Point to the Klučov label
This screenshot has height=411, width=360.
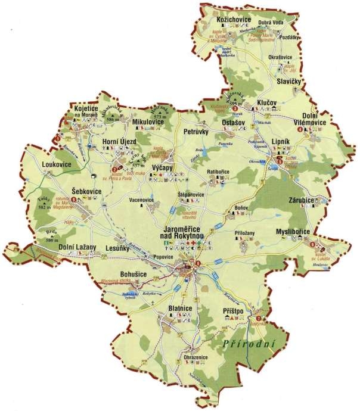(x=268, y=103)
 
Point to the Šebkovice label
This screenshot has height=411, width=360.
(x=86, y=190)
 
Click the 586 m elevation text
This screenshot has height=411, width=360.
(x=110, y=120)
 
